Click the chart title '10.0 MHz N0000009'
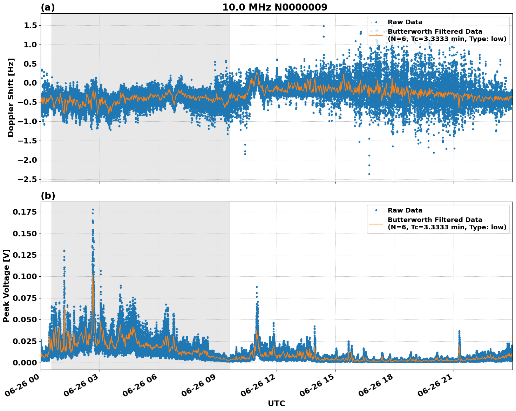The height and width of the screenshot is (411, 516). coord(275,7)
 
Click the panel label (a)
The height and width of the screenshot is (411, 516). coord(48,7)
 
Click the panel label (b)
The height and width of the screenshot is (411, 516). coord(48,196)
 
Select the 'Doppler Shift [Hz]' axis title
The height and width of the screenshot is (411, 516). coord(11,97)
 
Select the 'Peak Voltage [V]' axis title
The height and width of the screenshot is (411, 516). coord(6,285)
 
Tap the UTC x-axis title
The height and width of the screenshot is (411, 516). coord(276,403)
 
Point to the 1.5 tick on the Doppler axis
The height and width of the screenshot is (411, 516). coord(30,25)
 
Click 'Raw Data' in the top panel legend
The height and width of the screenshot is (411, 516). coord(405,22)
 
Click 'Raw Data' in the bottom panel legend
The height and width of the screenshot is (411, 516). coord(405,210)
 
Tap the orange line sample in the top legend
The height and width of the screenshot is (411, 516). coord(376,35)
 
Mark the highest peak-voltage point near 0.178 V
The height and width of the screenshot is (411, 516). coord(93,209)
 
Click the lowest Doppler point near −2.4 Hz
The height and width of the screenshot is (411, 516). coord(369,174)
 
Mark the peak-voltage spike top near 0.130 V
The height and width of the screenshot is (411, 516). coord(64,251)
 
